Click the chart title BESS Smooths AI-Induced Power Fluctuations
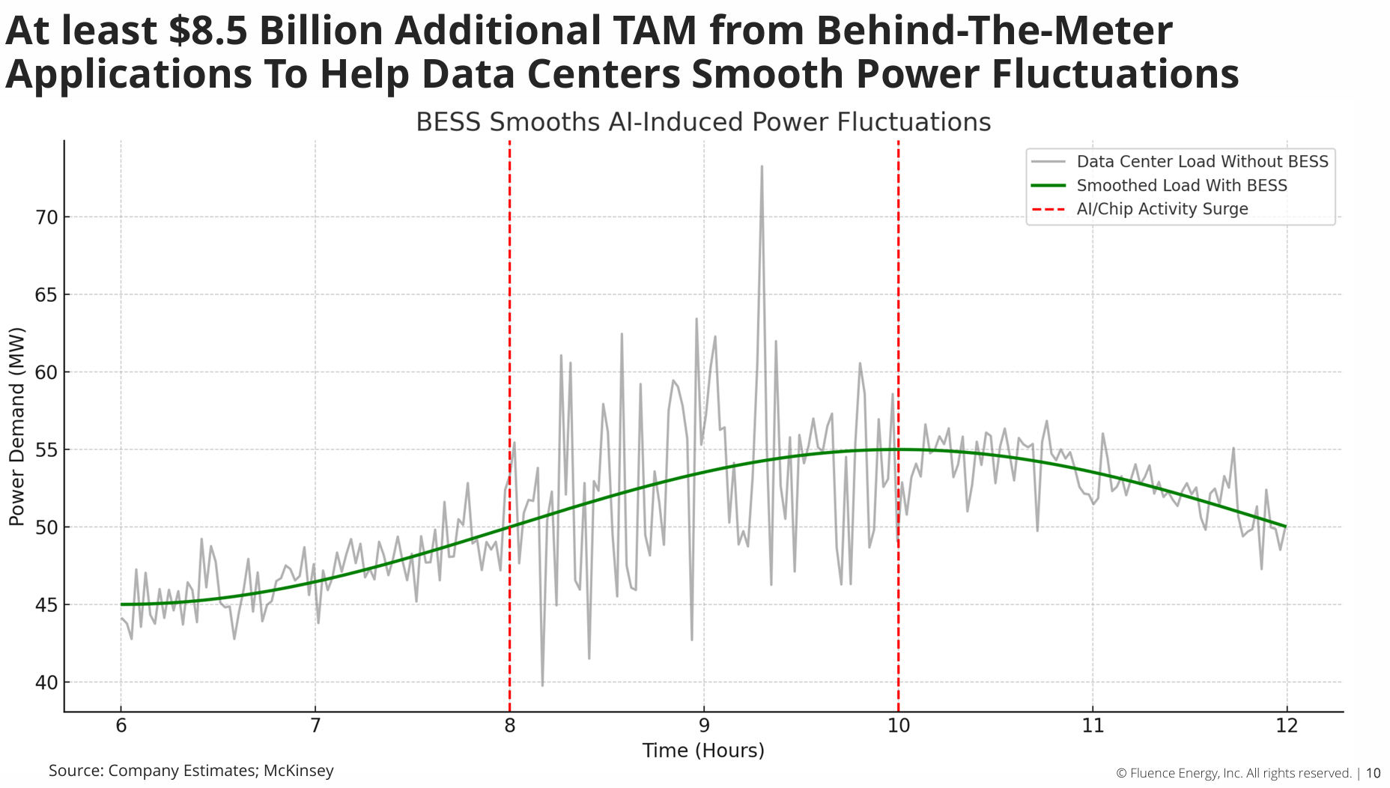pyautogui.click(x=703, y=122)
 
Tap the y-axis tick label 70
pyautogui.click(x=46, y=218)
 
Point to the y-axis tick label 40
pyautogui.click(x=46, y=682)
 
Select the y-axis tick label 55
pyautogui.click(x=46, y=450)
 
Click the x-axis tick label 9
pyautogui.click(x=704, y=726)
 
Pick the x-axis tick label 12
pyautogui.click(x=1287, y=726)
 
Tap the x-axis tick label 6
pyautogui.click(x=121, y=726)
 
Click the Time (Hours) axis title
pyautogui.click(x=703, y=751)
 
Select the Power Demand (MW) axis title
pyautogui.click(x=16, y=426)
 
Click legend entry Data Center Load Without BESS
pyautogui.click(x=1202, y=162)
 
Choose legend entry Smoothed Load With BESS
pyautogui.click(x=1181, y=186)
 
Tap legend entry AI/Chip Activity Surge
pyautogui.click(x=1162, y=209)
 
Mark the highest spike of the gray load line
pyautogui.click(x=762, y=167)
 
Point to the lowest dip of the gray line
pyautogui.click(x=542, y=685)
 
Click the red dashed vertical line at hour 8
pyautogui.click(x=509, y=300)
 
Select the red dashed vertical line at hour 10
pyautogui.click(x=898, y=300)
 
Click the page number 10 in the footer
pyautogui.click(x=1373, y=774)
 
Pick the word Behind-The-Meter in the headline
pyautogui.click(x=994, y=31)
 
